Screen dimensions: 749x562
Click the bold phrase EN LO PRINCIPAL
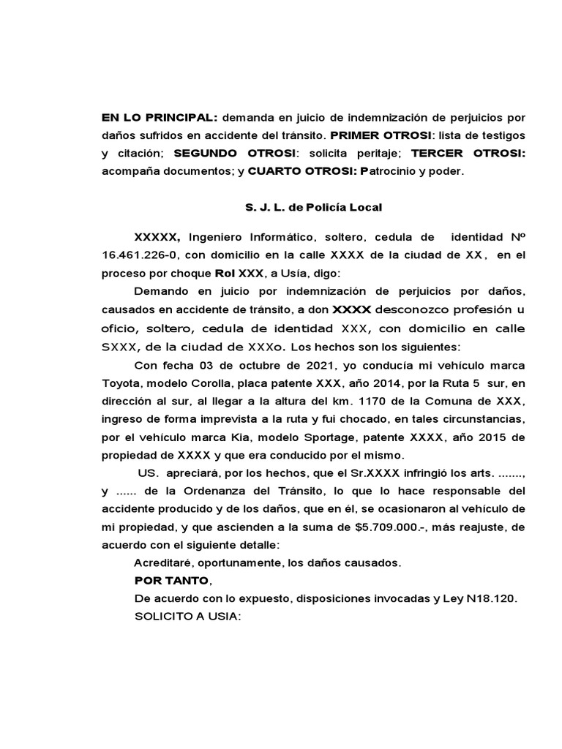click(160, 118)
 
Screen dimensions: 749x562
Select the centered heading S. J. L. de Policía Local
click(313, 208)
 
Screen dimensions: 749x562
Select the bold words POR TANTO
click(171, 581)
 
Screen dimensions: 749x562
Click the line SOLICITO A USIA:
click(187, 617)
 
